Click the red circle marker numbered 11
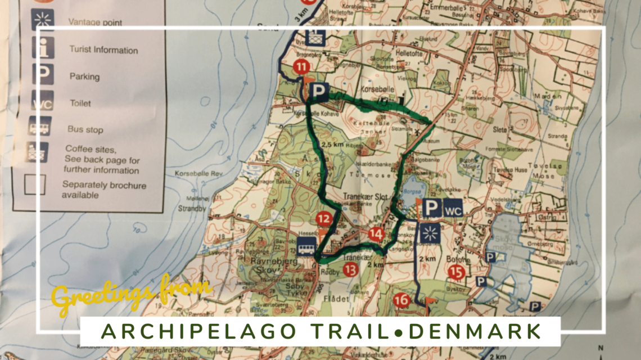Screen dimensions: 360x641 pos(302,68)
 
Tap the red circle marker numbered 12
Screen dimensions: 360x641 pos(323,219)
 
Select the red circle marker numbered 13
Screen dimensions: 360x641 pos(351,270)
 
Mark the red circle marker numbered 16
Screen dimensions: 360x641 pos(401,300)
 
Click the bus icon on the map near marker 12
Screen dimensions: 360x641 pos(306,246)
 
